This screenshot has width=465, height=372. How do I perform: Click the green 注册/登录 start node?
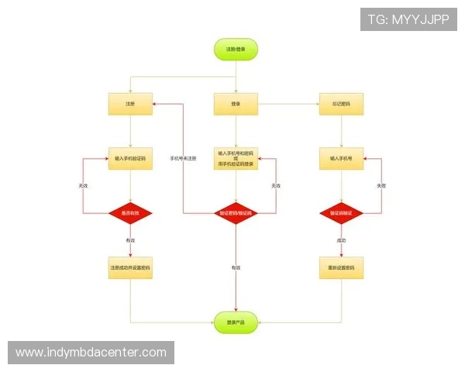[x=236, y=50]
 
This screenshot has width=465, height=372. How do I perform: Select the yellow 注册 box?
[x=130, y=104]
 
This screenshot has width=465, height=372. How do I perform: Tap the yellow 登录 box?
[x=236, y=104]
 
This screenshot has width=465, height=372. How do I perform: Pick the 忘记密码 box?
[x=341, y=104]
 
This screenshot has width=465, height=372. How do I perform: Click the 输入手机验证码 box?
[x=130, y=158]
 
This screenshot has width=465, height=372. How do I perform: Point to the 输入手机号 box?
[x=341, y=158]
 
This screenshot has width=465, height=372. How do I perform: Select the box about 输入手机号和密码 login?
[x=236, y=158]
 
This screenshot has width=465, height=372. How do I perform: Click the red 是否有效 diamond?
[x=130, y=212]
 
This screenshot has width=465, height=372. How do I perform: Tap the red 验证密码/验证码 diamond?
[x=236, y=212]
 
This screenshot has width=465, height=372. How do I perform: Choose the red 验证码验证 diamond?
[x=341, y=212]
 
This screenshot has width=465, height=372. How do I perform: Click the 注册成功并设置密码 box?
[x=130, y=267]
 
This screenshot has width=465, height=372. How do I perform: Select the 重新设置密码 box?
[x=341, y=267]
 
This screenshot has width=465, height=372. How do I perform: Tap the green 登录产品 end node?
[x=236, y=321]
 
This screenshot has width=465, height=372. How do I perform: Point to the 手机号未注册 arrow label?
[x=183, y=158]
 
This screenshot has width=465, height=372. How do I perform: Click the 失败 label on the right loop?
[x=381, y=186]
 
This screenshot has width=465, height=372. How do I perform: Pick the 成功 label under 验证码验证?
[x=341, y=241]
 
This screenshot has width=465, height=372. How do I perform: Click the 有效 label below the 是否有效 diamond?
[x=130, y=241]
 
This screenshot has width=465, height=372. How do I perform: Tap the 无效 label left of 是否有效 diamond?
[x=83, y=186]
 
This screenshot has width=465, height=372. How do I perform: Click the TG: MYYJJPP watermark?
[x=408, y=19]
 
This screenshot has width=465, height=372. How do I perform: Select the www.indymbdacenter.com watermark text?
[x=91, y=353]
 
